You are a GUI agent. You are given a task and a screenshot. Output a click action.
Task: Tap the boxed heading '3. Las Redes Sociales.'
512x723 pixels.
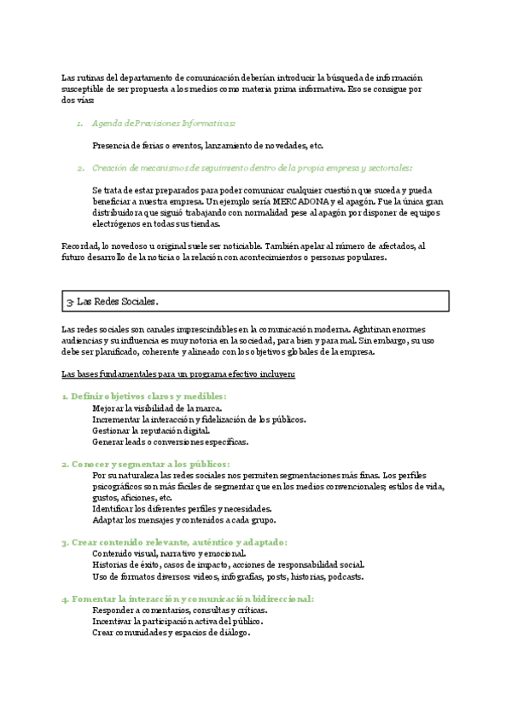tap(112, 301)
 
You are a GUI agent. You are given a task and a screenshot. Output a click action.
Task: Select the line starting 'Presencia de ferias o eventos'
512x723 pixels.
tap(207, 146)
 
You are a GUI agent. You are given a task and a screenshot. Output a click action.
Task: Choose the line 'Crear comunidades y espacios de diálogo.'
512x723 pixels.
tap(171, 633)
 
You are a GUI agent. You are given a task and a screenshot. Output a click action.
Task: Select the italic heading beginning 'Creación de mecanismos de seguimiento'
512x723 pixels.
tap(252, 168)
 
